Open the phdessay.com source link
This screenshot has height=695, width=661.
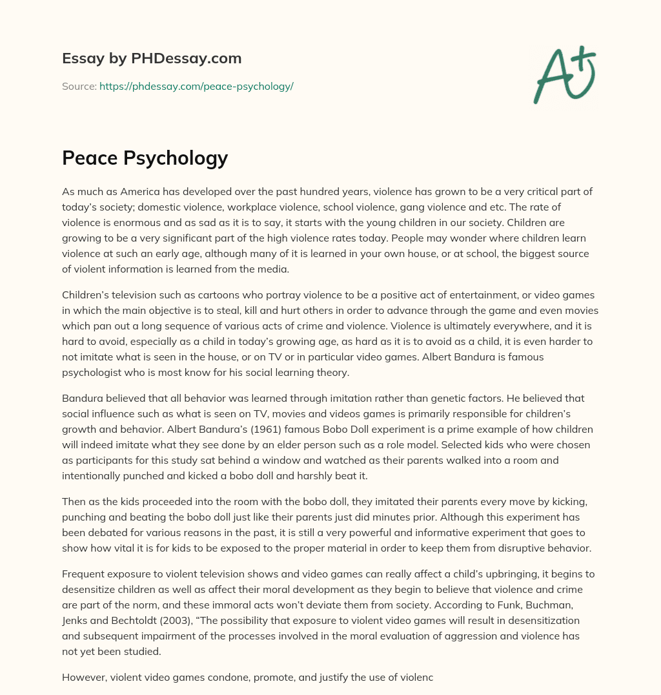click(x=196, y=86)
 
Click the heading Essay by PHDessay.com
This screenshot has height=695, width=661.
click(x=152, y=59)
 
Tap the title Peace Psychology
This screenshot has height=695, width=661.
click(x=145, y=158)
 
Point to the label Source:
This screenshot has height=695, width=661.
click(x=79, y=86)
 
